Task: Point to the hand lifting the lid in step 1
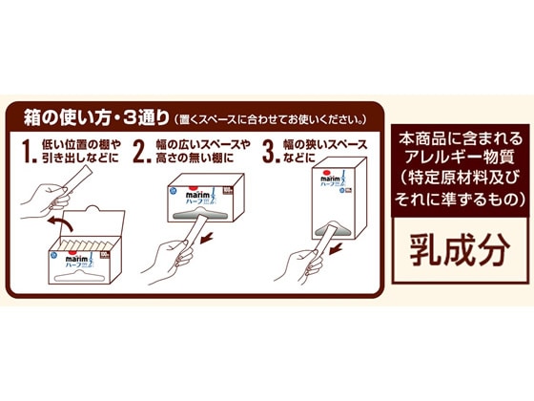[43, 196]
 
